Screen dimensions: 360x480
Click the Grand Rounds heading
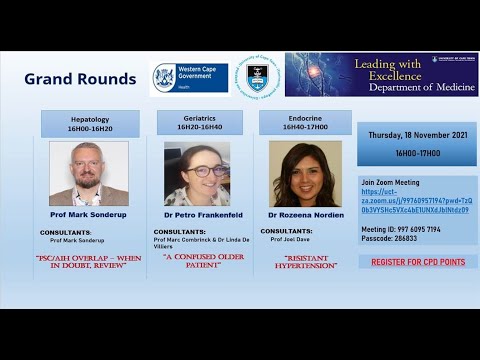tap(80, 79)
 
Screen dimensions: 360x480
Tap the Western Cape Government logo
tap(189, 78)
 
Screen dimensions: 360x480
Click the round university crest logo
tap(257, 76)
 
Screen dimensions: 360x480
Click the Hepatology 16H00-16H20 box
tap(90, 123)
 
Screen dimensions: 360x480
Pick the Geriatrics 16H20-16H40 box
tap(200, 122)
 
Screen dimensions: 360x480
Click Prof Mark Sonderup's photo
tap(89, 173)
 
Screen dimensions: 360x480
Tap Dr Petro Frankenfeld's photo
tap(197, 173)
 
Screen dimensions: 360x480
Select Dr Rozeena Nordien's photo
tap(305, 173)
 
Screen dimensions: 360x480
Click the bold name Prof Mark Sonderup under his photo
tap(89, 214)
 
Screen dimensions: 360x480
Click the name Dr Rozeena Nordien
tap(305, 214)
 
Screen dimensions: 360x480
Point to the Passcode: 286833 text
tap(390, 238)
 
